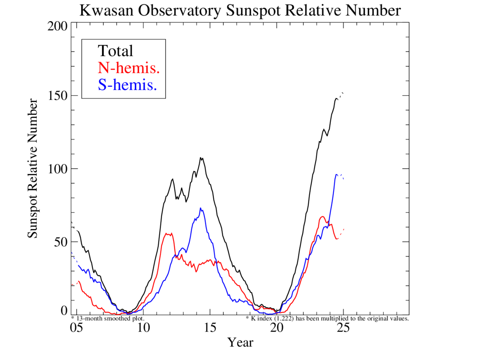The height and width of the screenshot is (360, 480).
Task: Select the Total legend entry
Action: pyautogui.click(x=115, y=51)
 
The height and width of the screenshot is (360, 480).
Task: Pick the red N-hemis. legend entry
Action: pyautogui.click(x=129, y=68)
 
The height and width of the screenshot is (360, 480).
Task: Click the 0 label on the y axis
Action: pyautogui.click(x=64, y=311)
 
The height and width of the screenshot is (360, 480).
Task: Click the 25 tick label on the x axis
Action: pyautogui.click(x=343, y=328)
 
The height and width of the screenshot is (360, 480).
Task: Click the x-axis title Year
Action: pyautogui.click(x=240, y=342)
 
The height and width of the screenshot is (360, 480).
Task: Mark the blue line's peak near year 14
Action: pyautogui.click(x=200, y=208)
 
